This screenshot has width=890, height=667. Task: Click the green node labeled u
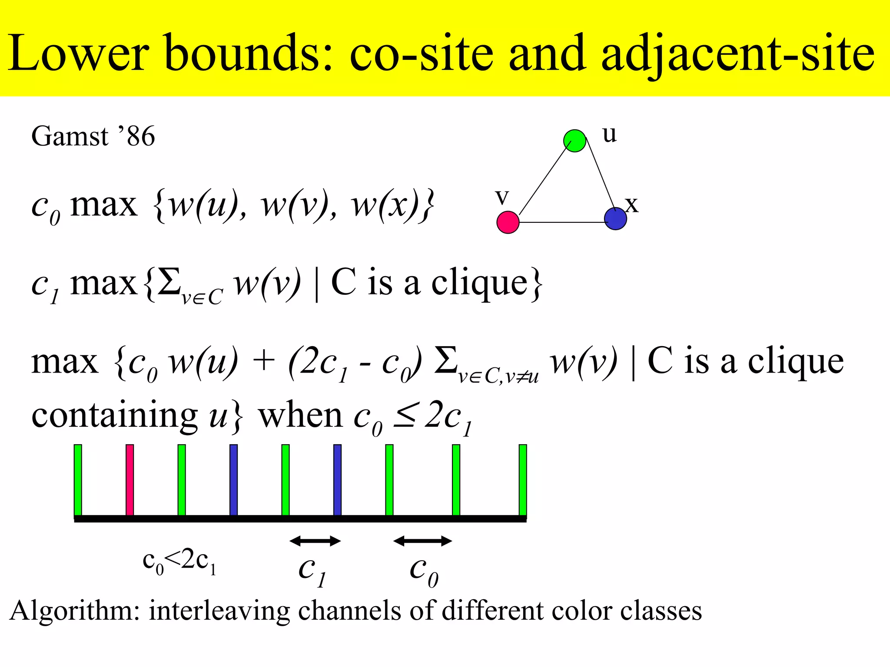(575, 141)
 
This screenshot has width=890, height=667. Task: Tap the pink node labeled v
(508, 222)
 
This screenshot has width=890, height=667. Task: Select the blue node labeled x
(615, 218)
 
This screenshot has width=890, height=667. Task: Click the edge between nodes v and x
(561, 222)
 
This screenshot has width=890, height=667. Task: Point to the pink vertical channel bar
(130, 480)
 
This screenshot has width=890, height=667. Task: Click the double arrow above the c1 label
(315, 541)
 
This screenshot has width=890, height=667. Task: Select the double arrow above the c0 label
(422, 541)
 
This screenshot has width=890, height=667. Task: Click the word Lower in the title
(78, 53)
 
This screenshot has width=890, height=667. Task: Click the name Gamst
(70, 136)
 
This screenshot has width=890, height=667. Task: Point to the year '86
(136, 136)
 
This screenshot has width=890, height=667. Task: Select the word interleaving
(219, 611)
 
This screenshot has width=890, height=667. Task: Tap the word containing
(114, 416)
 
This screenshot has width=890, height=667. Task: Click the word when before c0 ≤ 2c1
(301, 416)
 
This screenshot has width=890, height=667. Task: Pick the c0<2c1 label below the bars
(179, 561)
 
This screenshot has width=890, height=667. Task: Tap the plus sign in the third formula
(263, 361)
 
